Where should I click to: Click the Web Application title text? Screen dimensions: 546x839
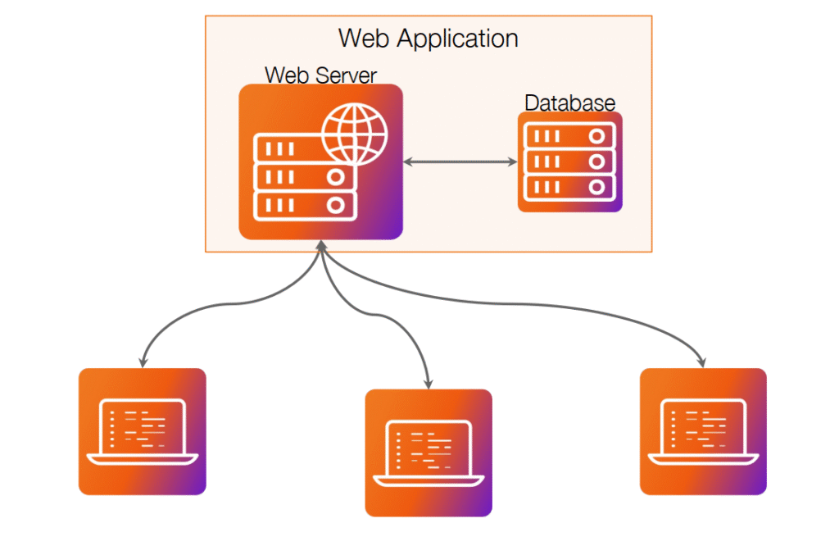(x=429, y=38)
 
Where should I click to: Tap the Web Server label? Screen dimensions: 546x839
(x=320, y=75)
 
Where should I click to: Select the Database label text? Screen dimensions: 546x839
(x=569, y=103)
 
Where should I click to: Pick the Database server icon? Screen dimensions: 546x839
(x=569, y=162)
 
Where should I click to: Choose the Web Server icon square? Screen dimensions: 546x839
(x=320, y=162)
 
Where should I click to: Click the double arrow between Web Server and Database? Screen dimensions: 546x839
(x=460, y=162)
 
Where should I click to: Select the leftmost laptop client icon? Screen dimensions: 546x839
(x=142, y=431)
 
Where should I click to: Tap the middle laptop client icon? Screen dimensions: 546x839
(x=428, y=452)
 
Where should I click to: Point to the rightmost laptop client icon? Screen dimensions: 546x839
(x=703, y=431)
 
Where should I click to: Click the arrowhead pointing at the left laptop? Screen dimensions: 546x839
(x=143, y=362)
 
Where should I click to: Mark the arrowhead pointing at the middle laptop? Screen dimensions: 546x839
(x=429, y=383)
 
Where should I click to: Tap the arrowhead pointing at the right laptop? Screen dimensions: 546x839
(x=702, y=362)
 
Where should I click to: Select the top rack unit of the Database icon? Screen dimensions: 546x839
(x=569, y=136)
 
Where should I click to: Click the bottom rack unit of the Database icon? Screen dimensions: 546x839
(x=569, y=187)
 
